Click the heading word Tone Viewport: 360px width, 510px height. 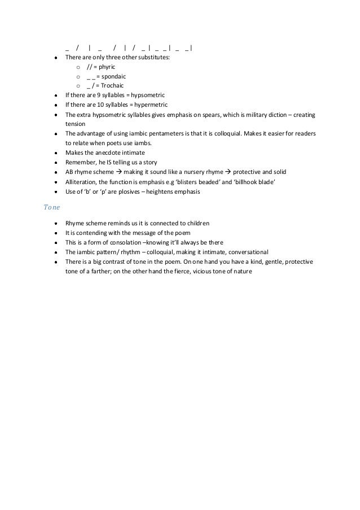50,207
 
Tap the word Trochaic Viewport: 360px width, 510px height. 112,86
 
